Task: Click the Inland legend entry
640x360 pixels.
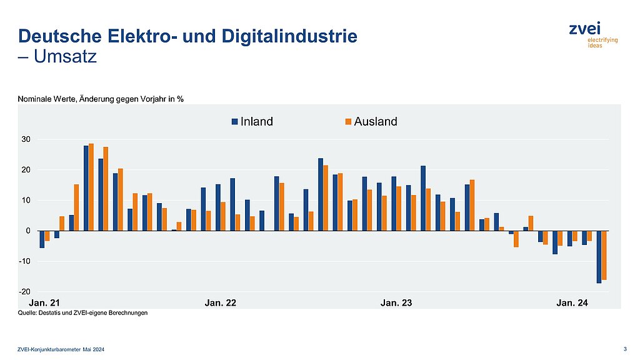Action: click(x=252, y=122)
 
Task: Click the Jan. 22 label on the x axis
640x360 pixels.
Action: click(x=221, y=303)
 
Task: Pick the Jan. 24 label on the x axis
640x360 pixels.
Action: click(x=572, y=303)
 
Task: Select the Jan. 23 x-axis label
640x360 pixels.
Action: click(x=396, y=303)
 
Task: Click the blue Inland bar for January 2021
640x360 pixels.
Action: click(x=42, y=239)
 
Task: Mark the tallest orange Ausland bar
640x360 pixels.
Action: click(x=91, y=187)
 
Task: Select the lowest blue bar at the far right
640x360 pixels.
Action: click(x=599, y=257)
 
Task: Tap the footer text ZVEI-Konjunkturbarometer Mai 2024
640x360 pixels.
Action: click(x=61, y=349)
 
